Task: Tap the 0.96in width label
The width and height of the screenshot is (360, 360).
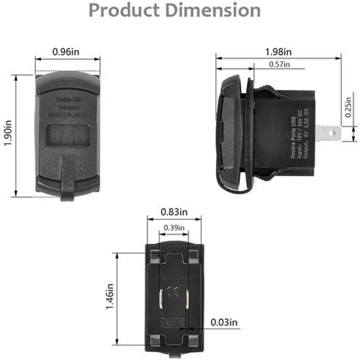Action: click(x=66, y=52)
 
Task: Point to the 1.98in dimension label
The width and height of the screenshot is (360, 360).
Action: click(x=278, y=52)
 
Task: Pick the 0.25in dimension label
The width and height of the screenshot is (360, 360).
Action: click(x=347, y=107)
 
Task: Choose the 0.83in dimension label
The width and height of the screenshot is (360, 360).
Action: click(x=174, y=212)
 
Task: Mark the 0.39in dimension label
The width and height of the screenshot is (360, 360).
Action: click(x=174, y=228)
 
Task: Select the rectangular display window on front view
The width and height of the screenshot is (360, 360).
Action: click(x=68, y=135)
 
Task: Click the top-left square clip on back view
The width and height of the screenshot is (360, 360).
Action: click(x=156, y=256)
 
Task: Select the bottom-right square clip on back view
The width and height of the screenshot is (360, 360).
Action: click(x=193, y=341)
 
